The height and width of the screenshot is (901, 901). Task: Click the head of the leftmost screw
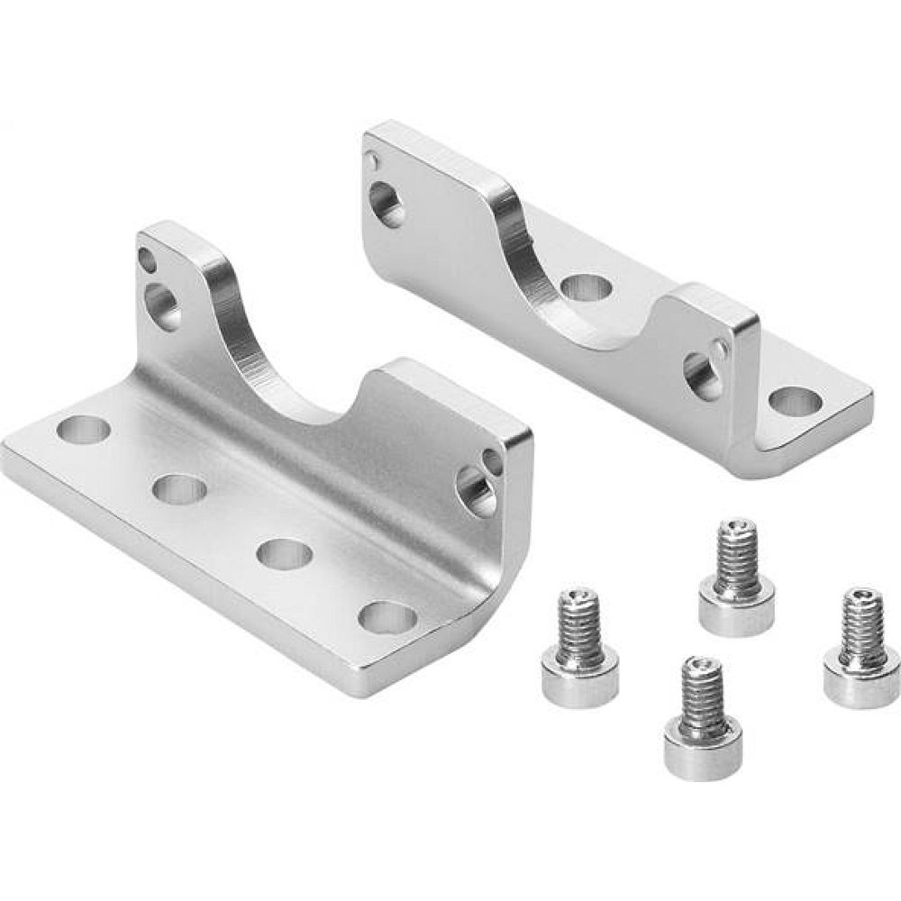(579, 674)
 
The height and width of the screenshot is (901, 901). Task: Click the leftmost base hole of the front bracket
(83, 430)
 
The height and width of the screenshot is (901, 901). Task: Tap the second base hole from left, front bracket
(179, 489)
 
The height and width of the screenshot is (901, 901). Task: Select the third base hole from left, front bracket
(284, 552)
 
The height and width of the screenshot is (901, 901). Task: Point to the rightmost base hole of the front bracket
(387, 617)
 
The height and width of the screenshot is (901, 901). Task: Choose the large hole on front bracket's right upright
(478, 492)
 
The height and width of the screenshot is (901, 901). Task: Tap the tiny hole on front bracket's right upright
(492, 461)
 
